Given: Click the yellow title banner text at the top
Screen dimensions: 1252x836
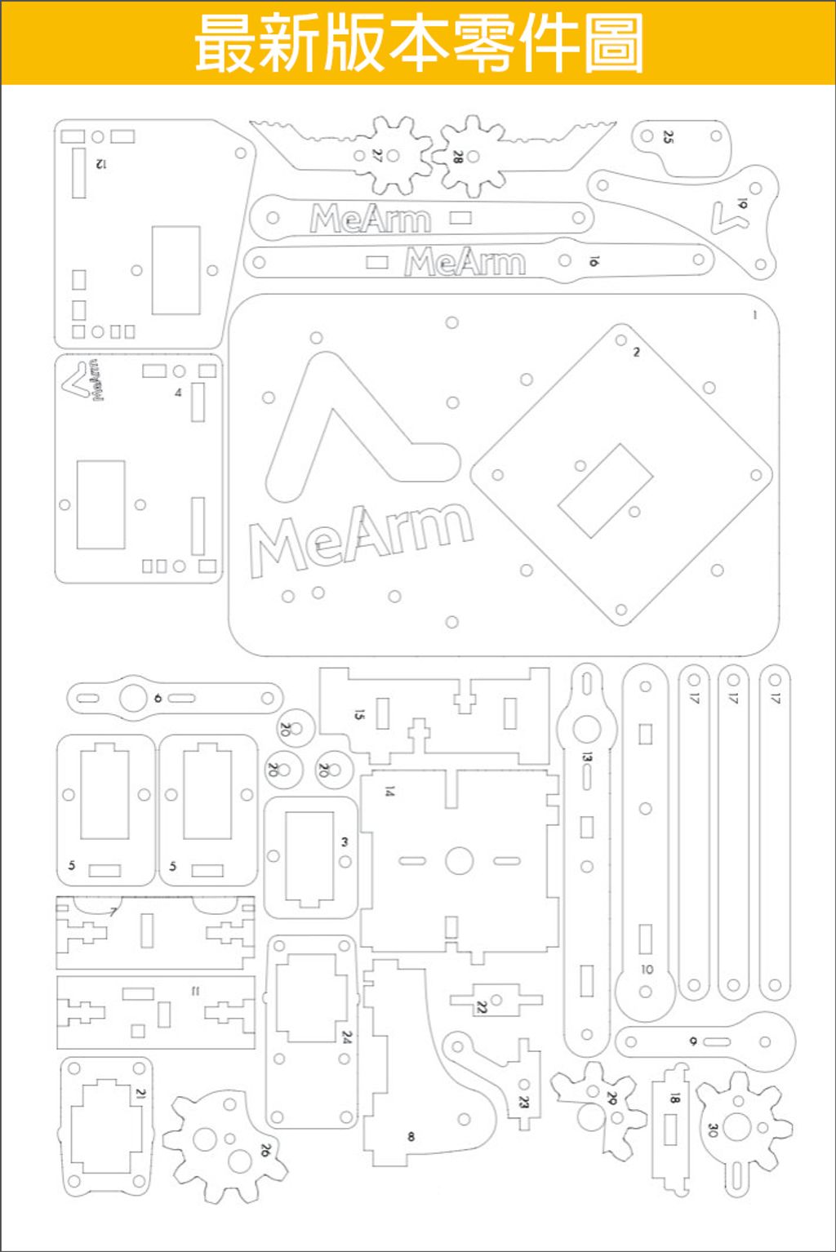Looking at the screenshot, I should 418,43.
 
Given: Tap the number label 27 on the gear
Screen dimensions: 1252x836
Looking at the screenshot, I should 377,155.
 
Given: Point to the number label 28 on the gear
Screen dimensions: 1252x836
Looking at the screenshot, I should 457,156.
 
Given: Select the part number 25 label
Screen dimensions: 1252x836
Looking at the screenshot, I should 669,137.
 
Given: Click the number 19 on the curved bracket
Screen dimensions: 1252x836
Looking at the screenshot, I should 741,203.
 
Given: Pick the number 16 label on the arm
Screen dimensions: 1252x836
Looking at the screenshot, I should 594,261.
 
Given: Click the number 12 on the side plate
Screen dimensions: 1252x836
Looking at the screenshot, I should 100,164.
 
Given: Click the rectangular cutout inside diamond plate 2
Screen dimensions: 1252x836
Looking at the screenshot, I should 605,490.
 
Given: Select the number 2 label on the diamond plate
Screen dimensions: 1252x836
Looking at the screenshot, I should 636,352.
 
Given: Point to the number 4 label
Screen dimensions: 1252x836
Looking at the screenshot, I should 178,393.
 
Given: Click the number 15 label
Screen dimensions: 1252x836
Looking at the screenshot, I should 359,714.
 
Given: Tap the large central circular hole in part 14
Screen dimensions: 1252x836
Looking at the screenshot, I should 460,860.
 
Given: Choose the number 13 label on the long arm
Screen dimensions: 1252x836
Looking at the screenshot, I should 586,757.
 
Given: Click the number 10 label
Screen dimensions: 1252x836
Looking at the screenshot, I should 647,970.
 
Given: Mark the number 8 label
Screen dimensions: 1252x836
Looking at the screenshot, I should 411,1136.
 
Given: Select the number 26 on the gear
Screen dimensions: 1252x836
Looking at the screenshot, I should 265,1150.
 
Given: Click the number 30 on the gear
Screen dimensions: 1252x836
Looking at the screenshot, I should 712,1130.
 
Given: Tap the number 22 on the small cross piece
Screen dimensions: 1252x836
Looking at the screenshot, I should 482,1007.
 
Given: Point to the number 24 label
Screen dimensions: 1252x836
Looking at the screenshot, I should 346,1037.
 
